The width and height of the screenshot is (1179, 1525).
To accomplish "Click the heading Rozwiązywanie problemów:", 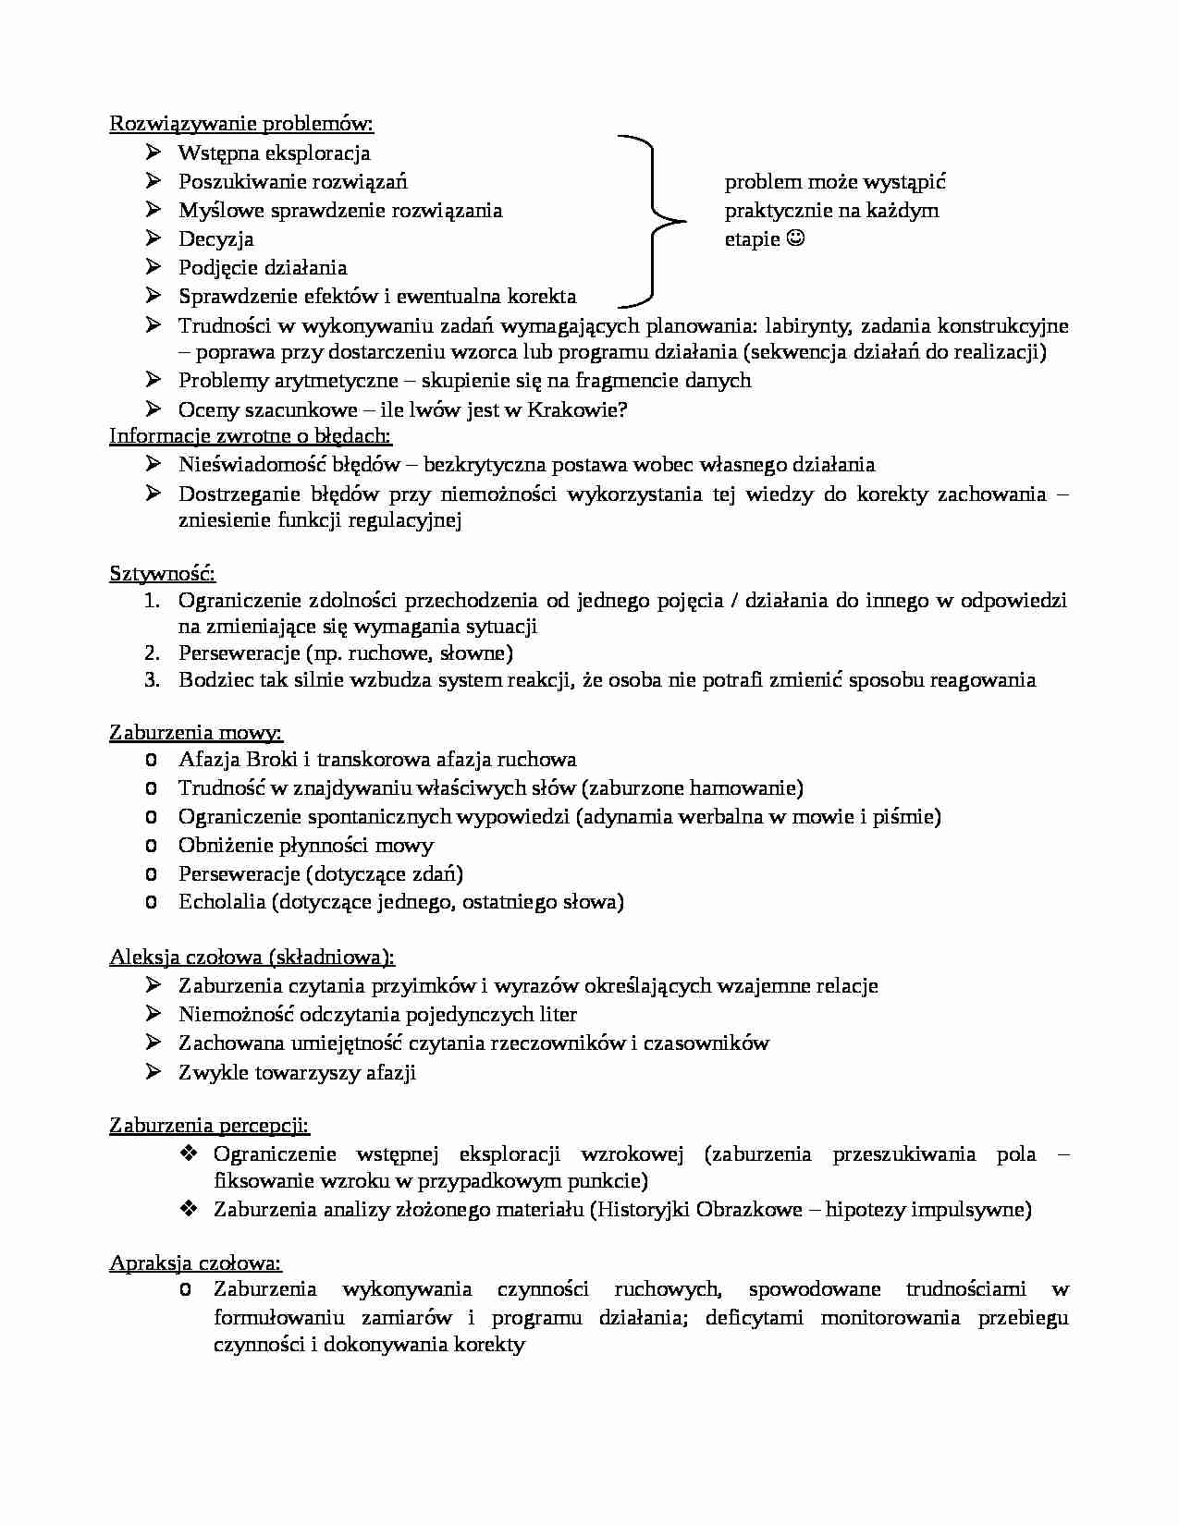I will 241,124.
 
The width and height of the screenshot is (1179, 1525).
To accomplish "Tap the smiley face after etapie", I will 795,239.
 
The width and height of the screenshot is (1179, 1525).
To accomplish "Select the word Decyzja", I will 215,239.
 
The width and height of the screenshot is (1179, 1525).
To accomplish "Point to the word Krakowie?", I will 577,410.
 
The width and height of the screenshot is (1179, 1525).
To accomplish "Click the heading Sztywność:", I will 162,574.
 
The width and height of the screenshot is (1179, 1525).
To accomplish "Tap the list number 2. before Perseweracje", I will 153,653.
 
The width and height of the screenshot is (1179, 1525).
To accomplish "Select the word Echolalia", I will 221,902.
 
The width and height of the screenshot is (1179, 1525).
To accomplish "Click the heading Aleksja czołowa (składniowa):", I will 252,958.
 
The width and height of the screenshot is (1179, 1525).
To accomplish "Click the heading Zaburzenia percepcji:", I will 209,1126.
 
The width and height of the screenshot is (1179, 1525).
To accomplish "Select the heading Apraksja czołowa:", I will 195,1263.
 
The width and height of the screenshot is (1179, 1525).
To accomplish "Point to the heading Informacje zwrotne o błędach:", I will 250,436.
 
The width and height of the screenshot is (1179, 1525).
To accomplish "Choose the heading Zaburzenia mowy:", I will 195,733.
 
